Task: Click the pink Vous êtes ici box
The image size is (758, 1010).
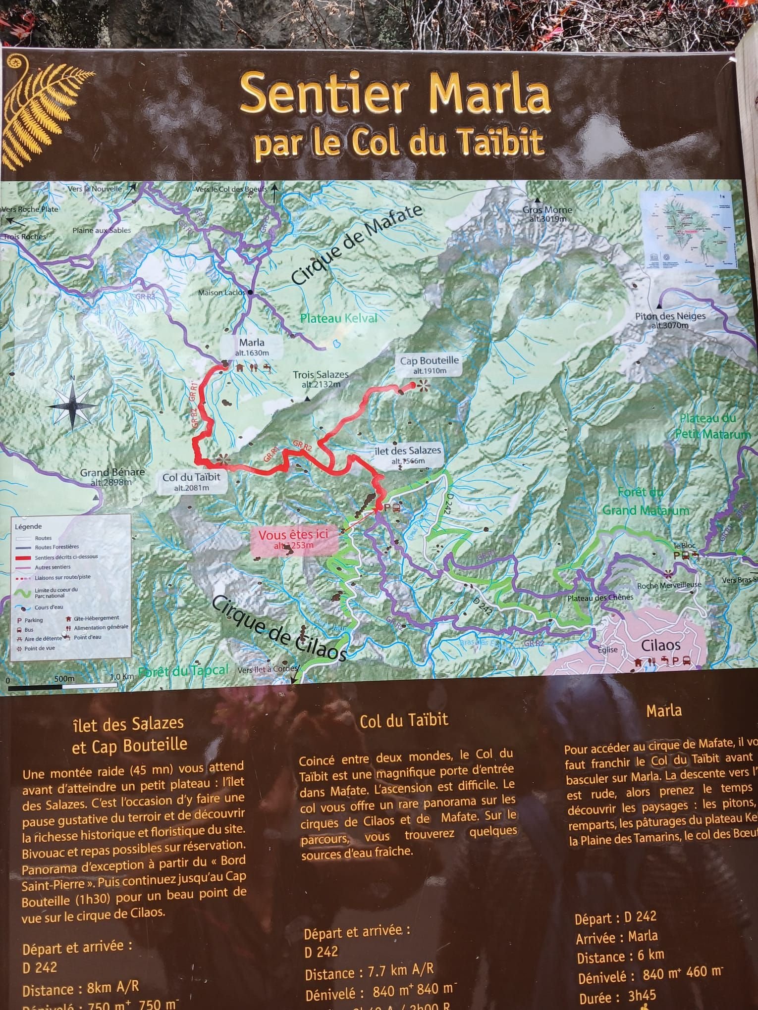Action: point(294,539)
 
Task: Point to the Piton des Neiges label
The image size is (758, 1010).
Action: point(670,320)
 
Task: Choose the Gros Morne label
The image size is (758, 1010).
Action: point(547,213)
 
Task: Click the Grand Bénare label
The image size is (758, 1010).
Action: point(112,476)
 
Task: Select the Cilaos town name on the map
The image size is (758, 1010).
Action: point(660,645)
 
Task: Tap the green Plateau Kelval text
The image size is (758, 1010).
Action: point(339,318)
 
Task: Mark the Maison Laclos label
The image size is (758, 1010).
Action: point(221,293)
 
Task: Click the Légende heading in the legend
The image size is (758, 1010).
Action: point(28,526)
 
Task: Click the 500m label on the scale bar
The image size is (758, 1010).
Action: point(64,678)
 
